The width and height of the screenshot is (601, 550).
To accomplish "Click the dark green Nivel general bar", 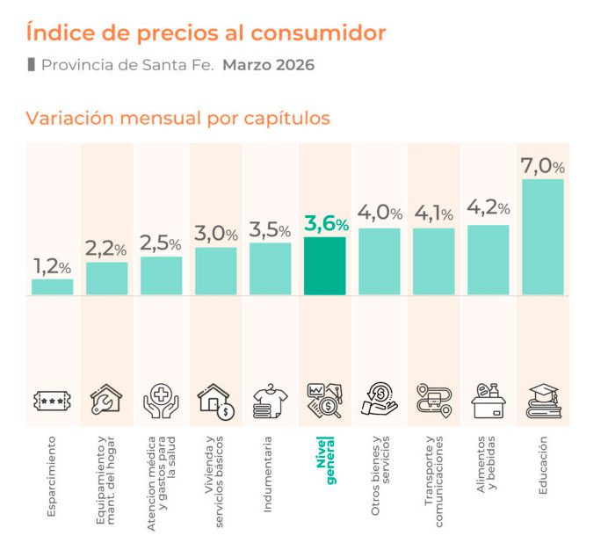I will tap(325, 265).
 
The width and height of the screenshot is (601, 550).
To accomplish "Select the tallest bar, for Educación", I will tap(543, 236).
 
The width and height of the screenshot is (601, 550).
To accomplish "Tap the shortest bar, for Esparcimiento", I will tap(53, 286).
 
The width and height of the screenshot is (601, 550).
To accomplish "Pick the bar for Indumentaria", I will tap(271, 268).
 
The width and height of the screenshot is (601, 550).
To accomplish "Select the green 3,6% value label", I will tap(326, 224).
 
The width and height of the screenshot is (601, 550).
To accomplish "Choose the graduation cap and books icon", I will tap(543, 400).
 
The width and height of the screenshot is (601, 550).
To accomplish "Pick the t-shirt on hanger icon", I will tap(271, 400).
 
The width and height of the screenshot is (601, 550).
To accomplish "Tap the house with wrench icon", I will tap(107, 400).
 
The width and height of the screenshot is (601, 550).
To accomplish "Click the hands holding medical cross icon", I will tap(162, 400).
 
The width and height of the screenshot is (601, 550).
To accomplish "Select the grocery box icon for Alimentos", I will tap(488, 400).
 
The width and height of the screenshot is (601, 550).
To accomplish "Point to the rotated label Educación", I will tap(543, 465).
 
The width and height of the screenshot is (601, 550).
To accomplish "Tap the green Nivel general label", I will tap(325, 459).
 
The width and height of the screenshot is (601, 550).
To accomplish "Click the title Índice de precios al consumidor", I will tap(205, 33).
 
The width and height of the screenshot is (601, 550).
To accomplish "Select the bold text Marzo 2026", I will tap(268, 65).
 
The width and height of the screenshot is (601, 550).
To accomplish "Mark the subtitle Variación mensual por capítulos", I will tap(177, 118).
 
